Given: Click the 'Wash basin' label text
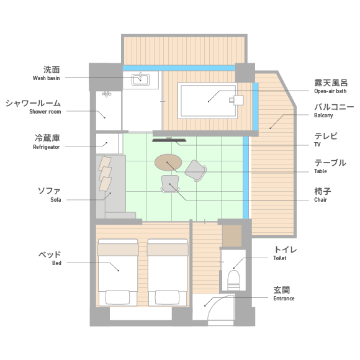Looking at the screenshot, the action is [x=46, y=78].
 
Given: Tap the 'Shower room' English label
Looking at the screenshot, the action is [x=45, y=112].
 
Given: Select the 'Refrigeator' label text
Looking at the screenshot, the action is [x=46, y=147].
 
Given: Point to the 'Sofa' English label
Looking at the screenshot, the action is [x=56, y=199].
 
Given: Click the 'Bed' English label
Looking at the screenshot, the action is [x=56, y=263].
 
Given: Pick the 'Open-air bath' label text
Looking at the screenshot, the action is [x=330, y=91].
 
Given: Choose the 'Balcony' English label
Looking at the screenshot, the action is [x=323, y=115].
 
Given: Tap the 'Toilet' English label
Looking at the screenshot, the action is [x=280, y=258].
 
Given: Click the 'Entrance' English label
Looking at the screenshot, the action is [x=284, y=299].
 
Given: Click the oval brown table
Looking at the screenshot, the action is [x=168, y=163].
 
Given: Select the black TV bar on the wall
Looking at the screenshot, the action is [x=169, y=140].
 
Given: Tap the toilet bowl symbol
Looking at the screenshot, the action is [x=233, y=280].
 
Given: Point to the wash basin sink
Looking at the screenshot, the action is [x=140, y=79].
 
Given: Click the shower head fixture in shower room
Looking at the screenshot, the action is [x=107, y=94].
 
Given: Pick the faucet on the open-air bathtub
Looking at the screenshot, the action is [x=236, y=101].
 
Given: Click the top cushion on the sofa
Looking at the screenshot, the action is [x=105, y=163].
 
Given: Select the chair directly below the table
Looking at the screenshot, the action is [x=170, y=184].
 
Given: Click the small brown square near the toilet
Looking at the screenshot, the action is [x=232, y=236].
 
